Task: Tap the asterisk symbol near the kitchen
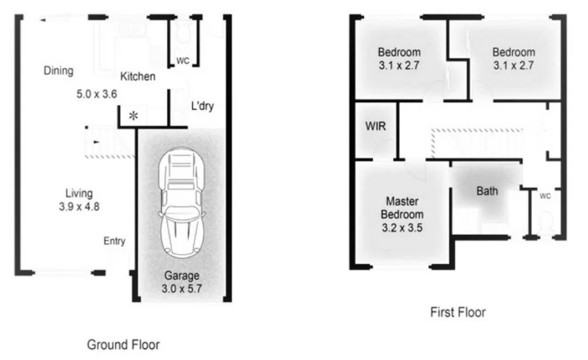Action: tap(134, 116)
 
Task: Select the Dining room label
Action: tap(59, 71)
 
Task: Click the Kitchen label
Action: tap(138, 76)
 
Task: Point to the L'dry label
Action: tap(202, 107)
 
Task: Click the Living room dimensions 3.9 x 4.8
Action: tap(80, 206)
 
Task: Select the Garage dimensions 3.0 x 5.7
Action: tap(181, 288)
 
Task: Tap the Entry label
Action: tap(114, 241)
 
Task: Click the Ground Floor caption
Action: tap(123, 344)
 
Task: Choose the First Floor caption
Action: tap(458, 312)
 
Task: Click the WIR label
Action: tap(376, 126)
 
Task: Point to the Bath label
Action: tap(487, 191)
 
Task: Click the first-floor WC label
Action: tap(545, 196)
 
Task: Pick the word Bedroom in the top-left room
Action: tap(399, 52)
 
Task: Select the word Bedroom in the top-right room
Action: tap(513, 52)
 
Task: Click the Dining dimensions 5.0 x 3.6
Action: tap(97, 93)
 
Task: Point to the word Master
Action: tap(401, 201)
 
